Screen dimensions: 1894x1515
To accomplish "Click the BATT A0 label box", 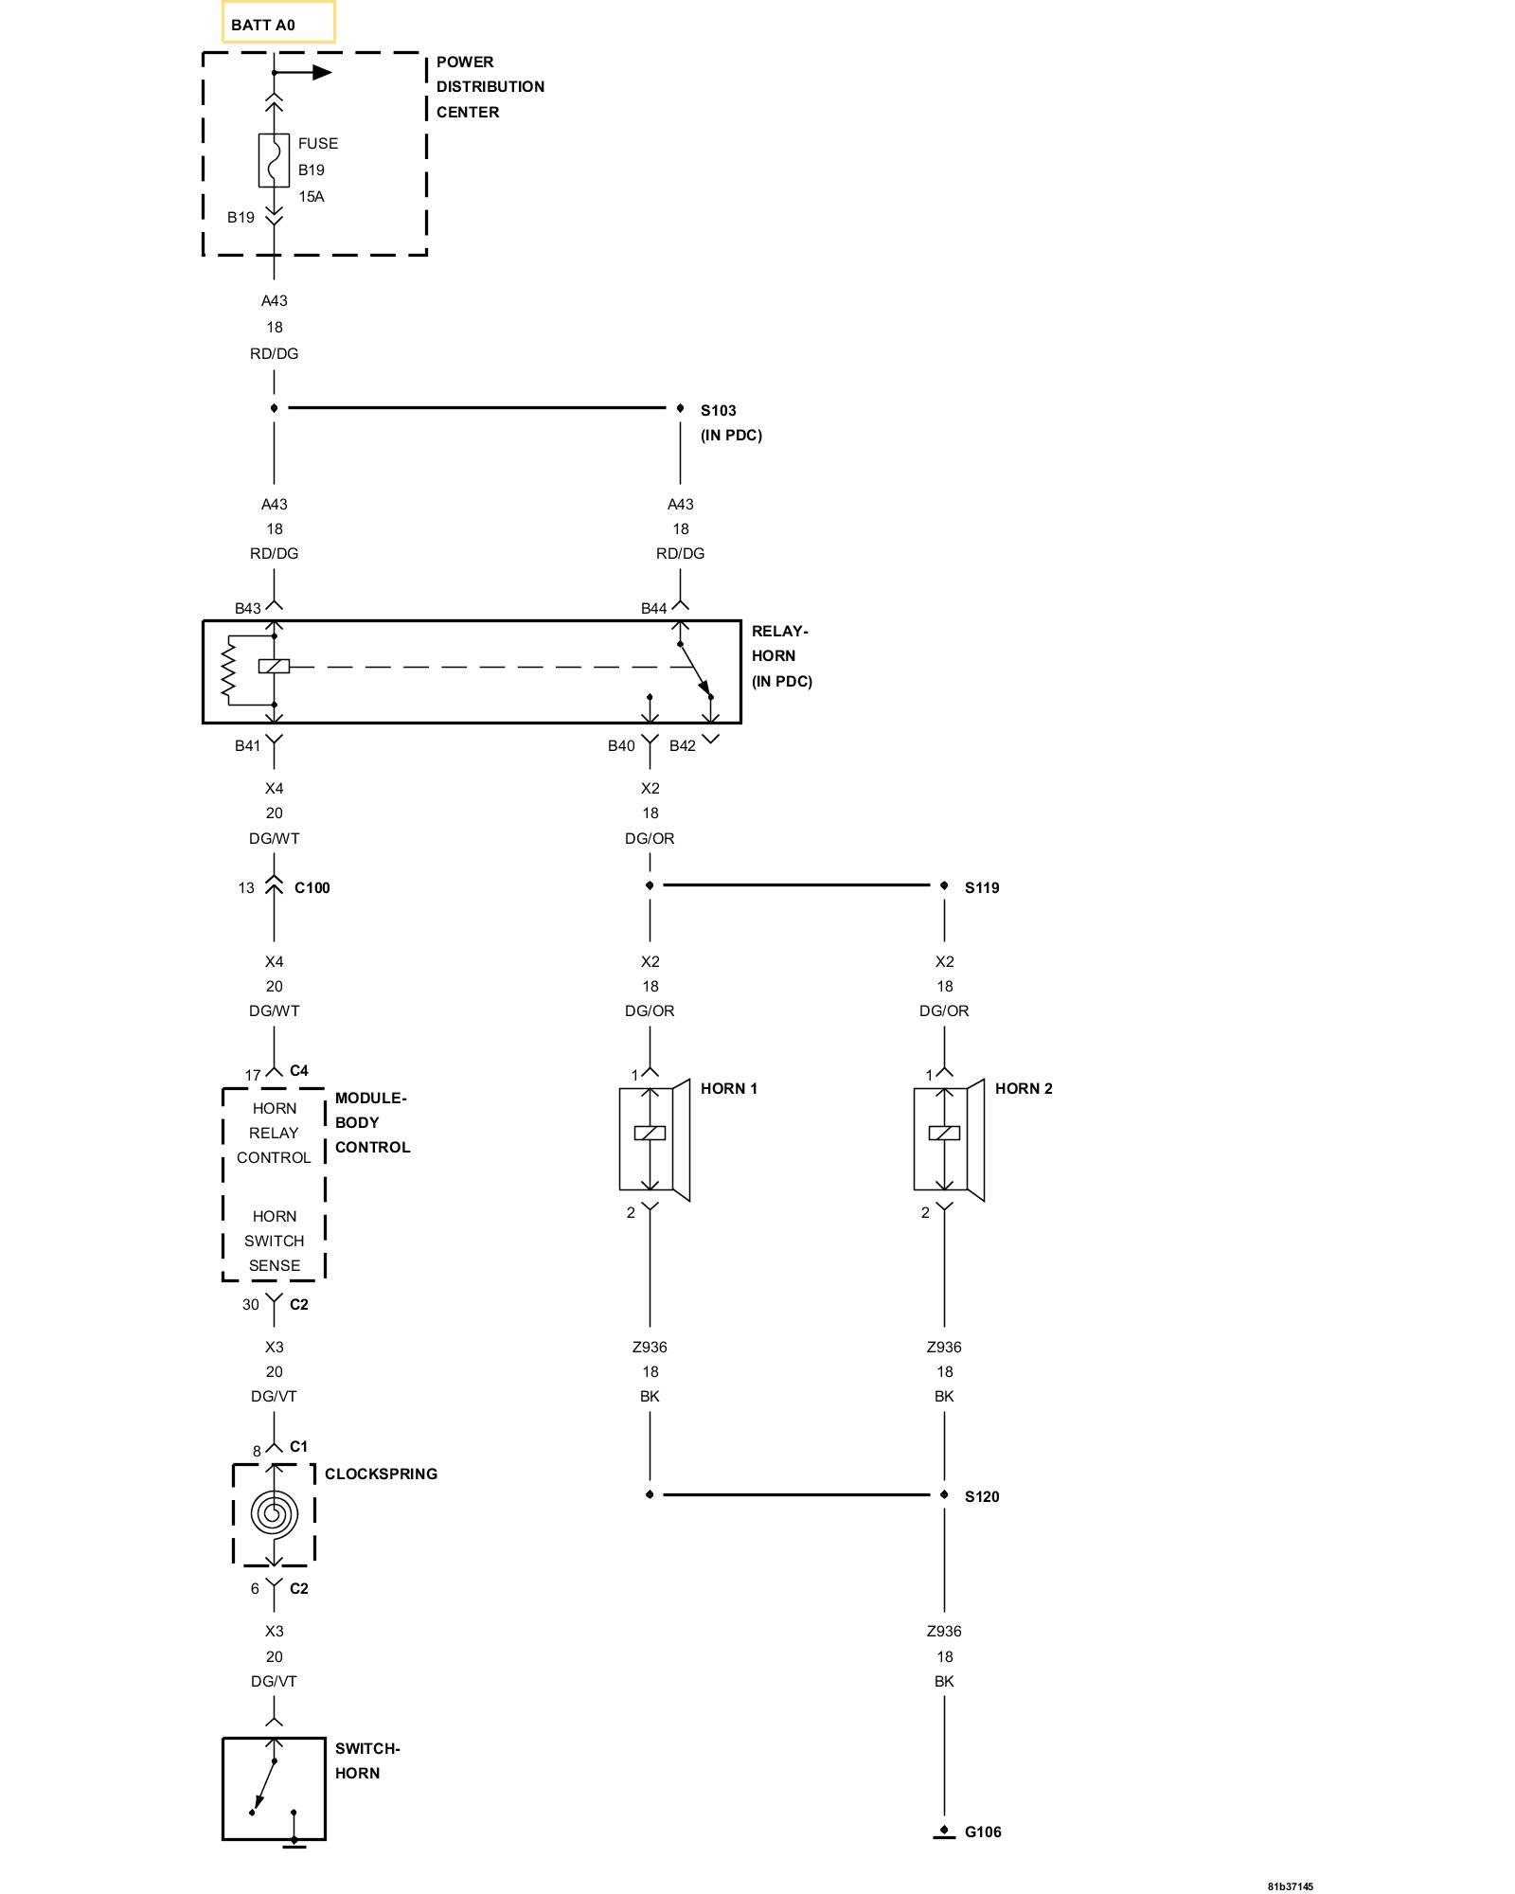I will click(x=277, y=24).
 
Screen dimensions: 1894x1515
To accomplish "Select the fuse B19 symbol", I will click(x=274, y=160).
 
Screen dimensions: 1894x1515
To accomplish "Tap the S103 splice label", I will click(x=718, y=410).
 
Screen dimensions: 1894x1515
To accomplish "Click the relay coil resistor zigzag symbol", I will click(x=227, y=671).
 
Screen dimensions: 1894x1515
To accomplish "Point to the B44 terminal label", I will click(x=653, y=608).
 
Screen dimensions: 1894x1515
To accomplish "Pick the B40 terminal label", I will click(x=621, y=745).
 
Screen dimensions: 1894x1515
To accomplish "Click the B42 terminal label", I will click(x=682, y=745).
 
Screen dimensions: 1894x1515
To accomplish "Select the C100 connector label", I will click(x=312, y=887).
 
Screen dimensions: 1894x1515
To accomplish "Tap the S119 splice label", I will click(x=982, y=887).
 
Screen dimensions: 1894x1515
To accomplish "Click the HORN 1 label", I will click(x=728, y=1088).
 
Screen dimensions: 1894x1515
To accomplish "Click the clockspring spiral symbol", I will click(x=274, y=1513).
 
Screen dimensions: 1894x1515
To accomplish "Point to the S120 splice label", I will click(x=982, y=1496).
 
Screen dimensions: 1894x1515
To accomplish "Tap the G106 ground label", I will click(x=983, y=1831).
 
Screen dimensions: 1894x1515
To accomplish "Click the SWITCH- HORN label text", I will click(x=366, y=1760).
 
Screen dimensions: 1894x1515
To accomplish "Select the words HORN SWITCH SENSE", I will click(x=274, y=1241).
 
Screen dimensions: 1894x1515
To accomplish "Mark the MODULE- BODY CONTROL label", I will click(x=372, y=1122).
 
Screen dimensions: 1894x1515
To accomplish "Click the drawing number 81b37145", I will click(x=1290, y=1886).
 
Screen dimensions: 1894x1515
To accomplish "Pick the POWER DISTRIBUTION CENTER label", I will click(x=490, y=86).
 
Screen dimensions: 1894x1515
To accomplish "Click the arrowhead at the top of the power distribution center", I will click(x=322, y=72).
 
